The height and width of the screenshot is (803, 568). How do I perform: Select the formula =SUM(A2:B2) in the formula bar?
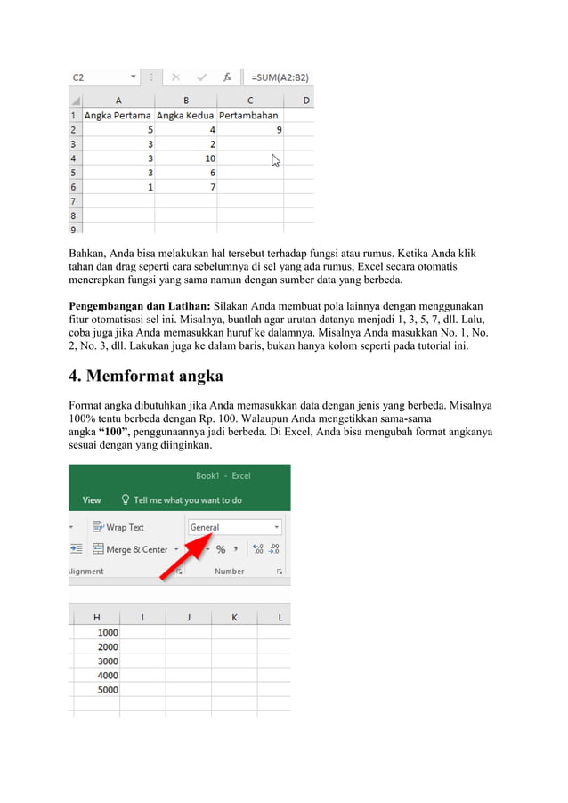click(280, 77)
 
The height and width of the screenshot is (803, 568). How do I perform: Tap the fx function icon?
click(228, 77)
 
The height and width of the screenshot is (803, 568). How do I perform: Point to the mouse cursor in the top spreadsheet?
click(276, 160)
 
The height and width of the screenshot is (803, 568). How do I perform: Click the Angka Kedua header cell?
click(185, 115)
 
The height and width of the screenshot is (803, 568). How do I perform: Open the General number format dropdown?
click(235, 527)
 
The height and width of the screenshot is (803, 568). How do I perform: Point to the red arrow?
click(183, 556)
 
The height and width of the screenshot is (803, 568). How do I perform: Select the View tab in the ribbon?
click(92, 500)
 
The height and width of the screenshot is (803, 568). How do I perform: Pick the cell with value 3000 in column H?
click(107, 661)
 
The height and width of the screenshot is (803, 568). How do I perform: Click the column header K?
click(234, 617)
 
